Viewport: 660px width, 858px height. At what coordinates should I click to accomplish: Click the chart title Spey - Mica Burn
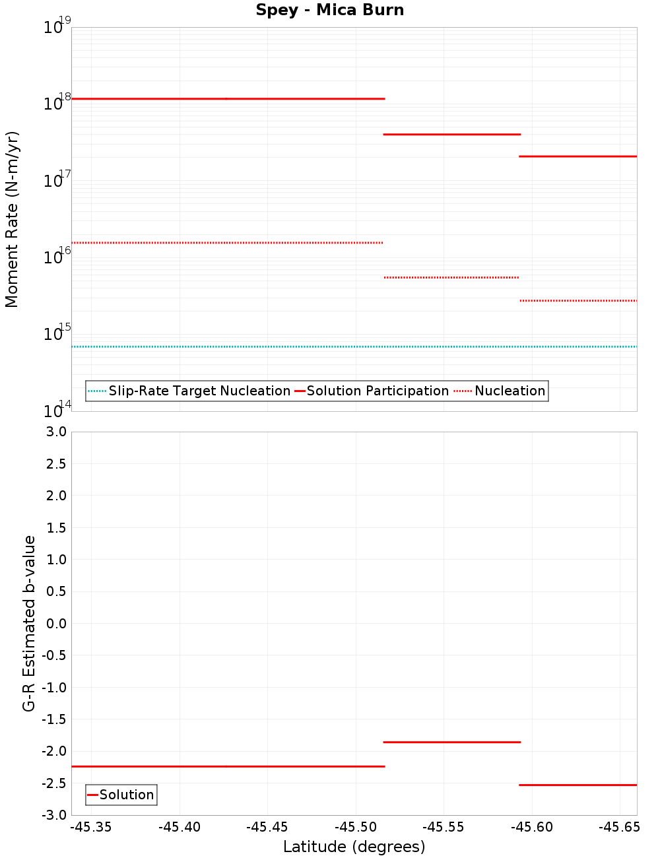pos(329,11)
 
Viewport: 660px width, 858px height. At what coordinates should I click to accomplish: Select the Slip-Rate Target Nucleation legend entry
pos(199,391)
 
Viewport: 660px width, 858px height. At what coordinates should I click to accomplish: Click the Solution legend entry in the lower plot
pos(126,795)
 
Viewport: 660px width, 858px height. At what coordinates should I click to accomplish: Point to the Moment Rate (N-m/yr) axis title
pos(12,219)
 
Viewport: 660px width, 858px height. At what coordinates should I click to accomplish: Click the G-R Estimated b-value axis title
pos(29,623)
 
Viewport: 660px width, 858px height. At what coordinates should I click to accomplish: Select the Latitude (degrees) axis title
pos(354,847)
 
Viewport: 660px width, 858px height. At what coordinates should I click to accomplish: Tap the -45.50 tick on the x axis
pos(356,827)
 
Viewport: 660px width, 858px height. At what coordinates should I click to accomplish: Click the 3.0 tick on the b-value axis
pos(56,432)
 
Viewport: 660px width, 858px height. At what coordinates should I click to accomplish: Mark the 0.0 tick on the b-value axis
pos(56,624)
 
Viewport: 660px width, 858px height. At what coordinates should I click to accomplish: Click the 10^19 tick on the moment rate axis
pos(57,27)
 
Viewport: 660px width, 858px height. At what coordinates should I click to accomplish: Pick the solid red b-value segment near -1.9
pos(451,742)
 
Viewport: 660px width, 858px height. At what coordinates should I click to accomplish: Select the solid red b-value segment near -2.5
pos(577,785)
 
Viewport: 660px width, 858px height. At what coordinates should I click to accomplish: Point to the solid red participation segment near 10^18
pos(228,98)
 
